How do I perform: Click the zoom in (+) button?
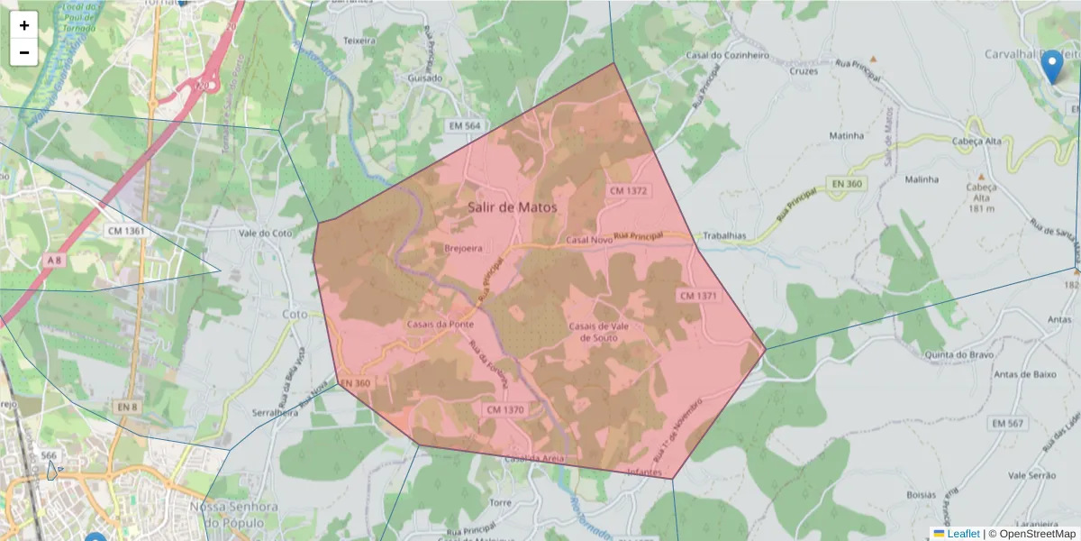(24, 25)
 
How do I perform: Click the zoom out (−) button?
(24, 52)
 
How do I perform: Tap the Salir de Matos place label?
(513, 206)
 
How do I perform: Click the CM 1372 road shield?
(629, 191)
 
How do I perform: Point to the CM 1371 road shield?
(698, 296)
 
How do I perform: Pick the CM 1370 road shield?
(504, 409)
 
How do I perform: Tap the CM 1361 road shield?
(126, 231)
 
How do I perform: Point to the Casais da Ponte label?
(441, 324)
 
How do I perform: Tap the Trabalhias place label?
(724, 235)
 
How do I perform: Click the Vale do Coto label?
(266, 233)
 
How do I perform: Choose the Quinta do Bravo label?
(951, 354)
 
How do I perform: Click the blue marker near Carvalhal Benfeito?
(1051, 67)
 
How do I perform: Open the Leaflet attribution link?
(963, 534)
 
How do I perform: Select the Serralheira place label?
(276, 411)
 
